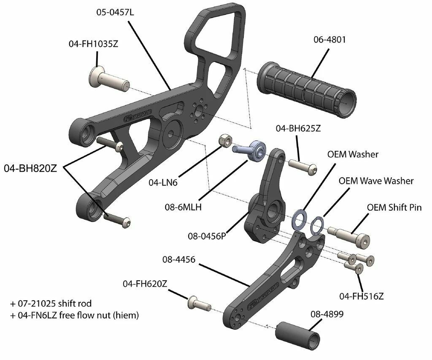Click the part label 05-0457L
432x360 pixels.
(115, 12)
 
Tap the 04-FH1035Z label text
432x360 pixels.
(93, 44)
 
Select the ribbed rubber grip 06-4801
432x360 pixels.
(306, 90)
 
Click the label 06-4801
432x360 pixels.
(329, 40)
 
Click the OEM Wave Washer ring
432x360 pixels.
(317, 225)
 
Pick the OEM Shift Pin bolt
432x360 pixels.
(348, 236)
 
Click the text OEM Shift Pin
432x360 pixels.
(394, 207)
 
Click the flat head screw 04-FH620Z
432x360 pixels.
(199, 303)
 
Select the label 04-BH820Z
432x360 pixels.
(30, 168)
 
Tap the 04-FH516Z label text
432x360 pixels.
(362, 296)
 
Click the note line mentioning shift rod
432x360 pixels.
(51, 304)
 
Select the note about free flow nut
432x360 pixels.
(74, 315)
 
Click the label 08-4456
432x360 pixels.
(178, 259)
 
